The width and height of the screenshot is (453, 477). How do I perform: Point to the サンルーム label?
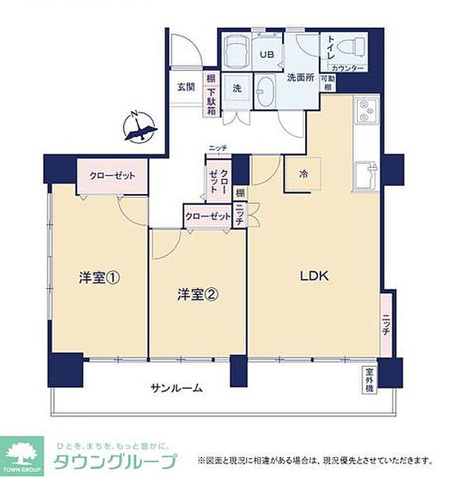pyautogui.click(x=176, y=389)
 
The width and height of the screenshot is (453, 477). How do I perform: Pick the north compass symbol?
pyautogui.click(x=140, y=128)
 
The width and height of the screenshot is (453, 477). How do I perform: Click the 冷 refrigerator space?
pyautogui.click(x=304, y=173)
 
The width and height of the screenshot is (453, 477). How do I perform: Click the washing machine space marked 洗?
pyautogui.click(x=237, y=89)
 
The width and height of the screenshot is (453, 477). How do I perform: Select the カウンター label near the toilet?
pyautogui.click(x=347, y=69)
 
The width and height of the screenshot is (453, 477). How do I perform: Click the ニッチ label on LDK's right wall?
pyautogui.click(x=385, y=324)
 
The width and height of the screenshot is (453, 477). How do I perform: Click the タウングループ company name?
pyautogui.click(x=116, y=463)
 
